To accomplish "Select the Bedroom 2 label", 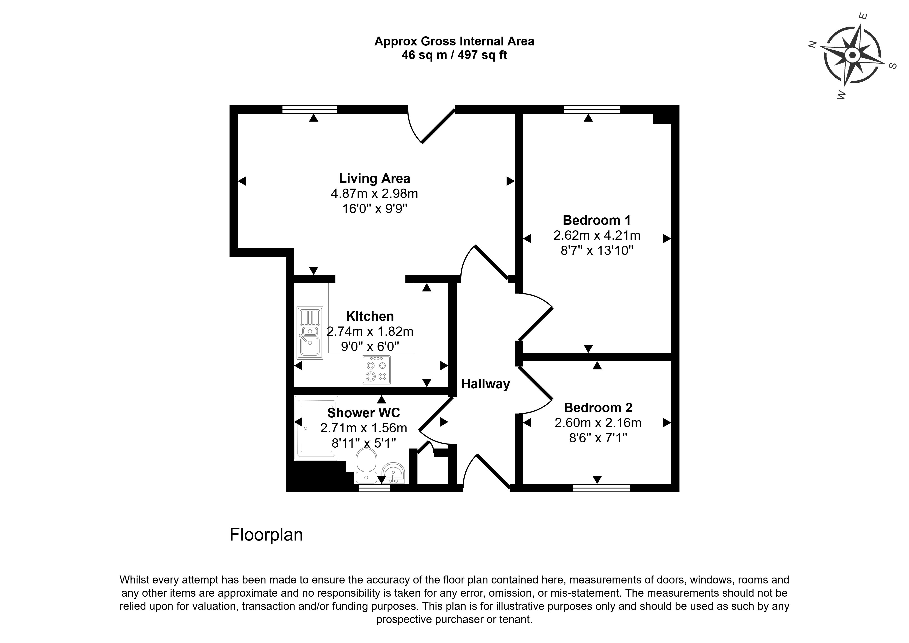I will [x=598, y=407].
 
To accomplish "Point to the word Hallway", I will [x=485, y=384].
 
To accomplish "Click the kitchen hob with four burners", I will [x=376, y=370].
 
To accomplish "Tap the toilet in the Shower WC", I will [x=366, y=465].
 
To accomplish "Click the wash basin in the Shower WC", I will [x=393, y=473].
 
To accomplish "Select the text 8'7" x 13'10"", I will [x=597, y=251].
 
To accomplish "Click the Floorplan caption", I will [x=266, y=535].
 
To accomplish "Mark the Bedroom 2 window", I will [x=601, y=488].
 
